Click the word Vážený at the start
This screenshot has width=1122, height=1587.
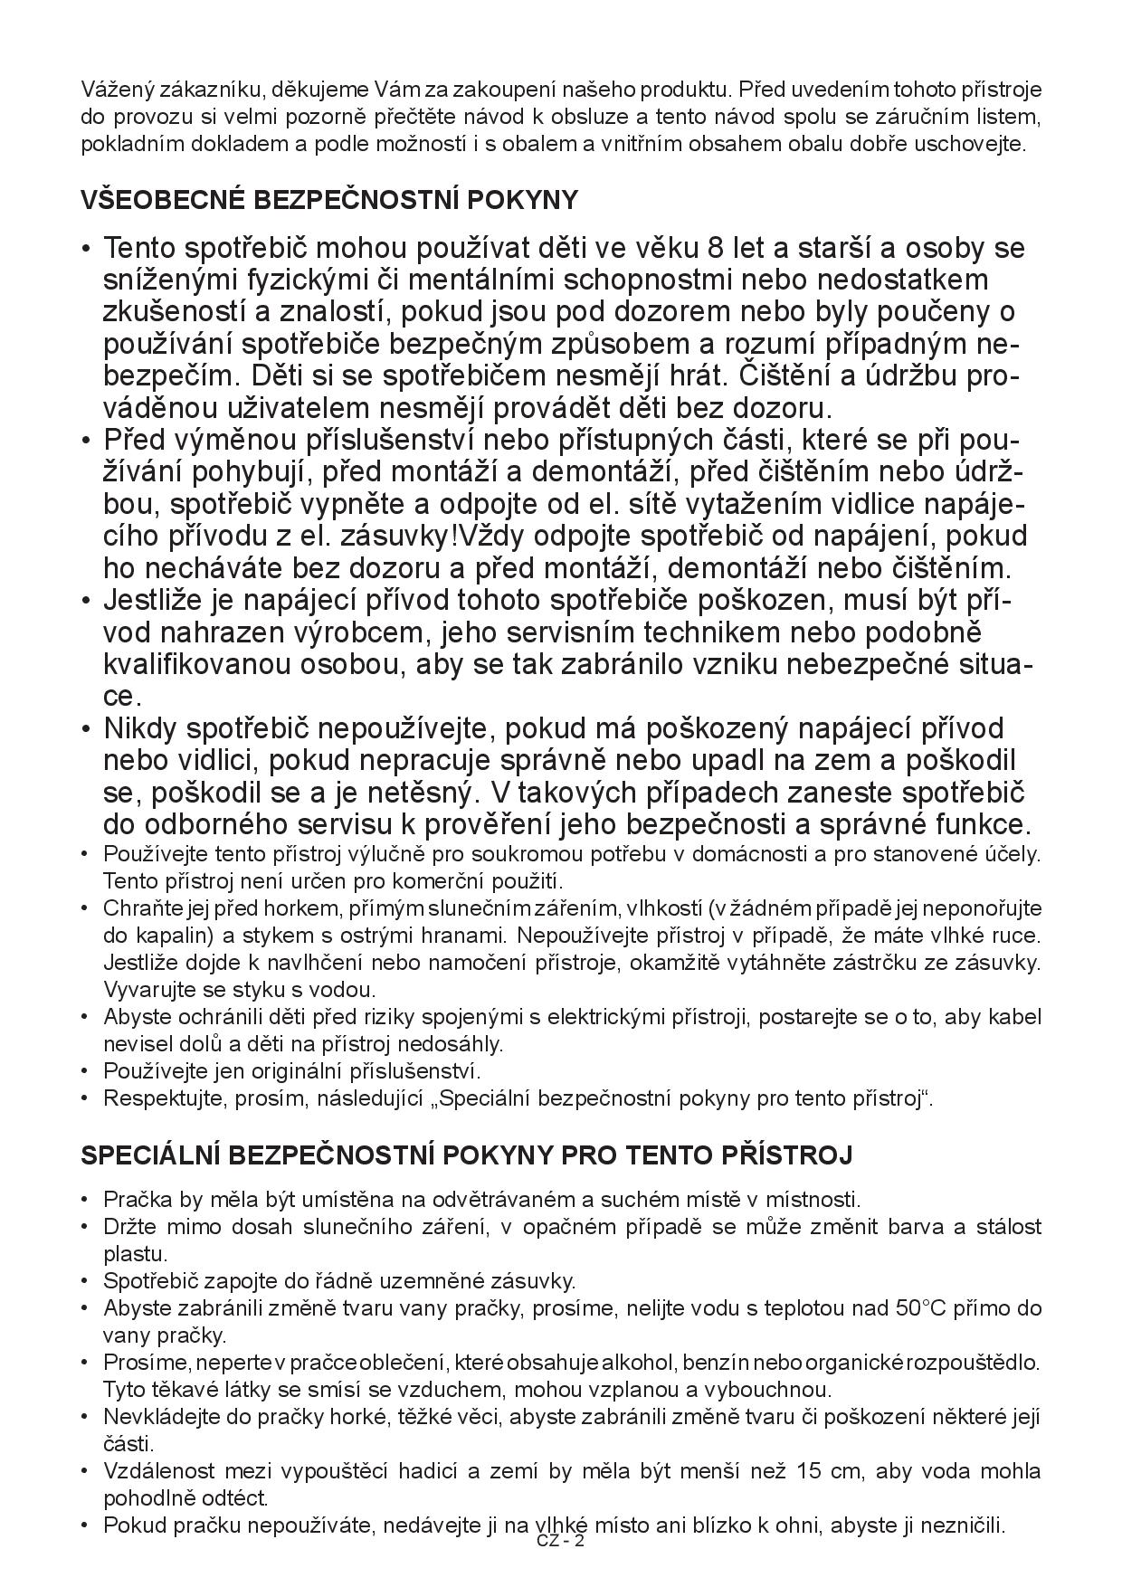112,90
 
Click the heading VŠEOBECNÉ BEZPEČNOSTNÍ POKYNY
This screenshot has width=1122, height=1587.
329,199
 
